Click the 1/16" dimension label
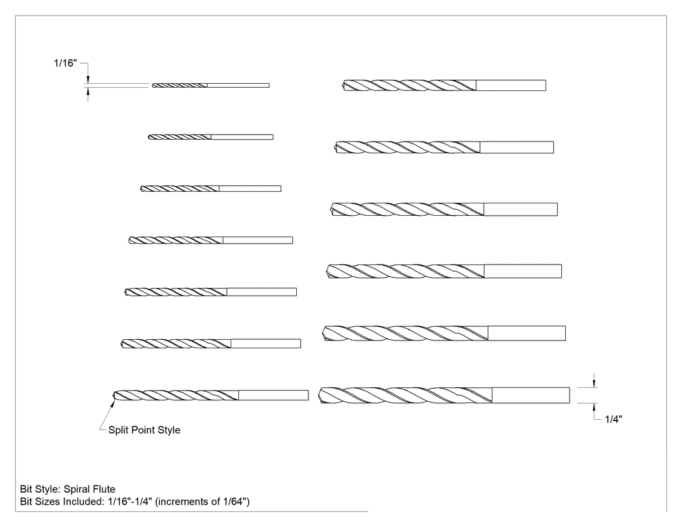pyautogui.click(x=65, y=63)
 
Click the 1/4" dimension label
pyautogui.click(x=613, y=419)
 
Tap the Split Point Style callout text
pyautogui.click(x=144, y=430)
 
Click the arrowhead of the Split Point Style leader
pyautogui.click(x=113, y=404)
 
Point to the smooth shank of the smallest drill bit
pyautogui.click(x=238, y=85)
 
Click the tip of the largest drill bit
pyautogui.click(x=320, y=395)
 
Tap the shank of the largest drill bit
pyautogui.click(x=531, y=395)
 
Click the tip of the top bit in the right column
pyautogui.click(x=344, y=85)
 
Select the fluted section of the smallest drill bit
pyautogui.click(x=179, y=85)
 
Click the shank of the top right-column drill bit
pyautogui.click(x=511, y=85)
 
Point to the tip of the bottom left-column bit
pyautogui.click(x=114, y=395)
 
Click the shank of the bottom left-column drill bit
pyautogui.click(x=273, y=395)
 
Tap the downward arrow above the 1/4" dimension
pyautogui.click(x=594, y=380)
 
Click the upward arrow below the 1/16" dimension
pyautogui.click(x=88, y=94)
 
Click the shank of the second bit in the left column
pyautogui.click(x=242, y=137)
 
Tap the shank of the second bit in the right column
pyautogui.click(x=517, y=147)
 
